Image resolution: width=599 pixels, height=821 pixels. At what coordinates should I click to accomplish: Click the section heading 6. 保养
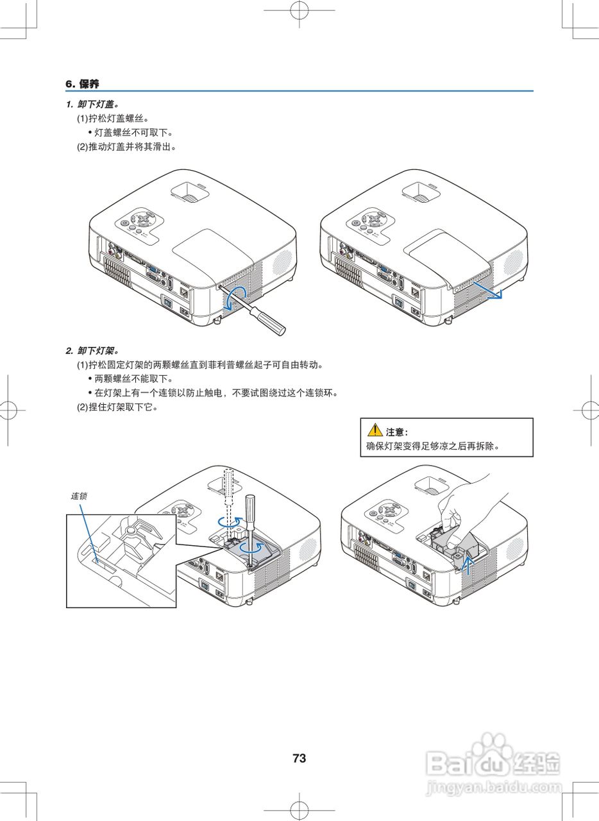[x=83, y=84]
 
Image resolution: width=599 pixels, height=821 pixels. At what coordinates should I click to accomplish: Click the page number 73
[x=299, y=758]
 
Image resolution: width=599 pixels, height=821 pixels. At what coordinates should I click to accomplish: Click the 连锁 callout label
[x=79, y=496]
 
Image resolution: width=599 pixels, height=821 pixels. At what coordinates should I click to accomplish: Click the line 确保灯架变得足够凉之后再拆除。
[x=433, y=446]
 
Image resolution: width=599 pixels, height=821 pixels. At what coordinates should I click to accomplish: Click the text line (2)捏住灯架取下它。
[x=117, y=407]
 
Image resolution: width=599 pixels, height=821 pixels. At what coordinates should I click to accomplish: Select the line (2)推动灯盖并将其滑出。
[x=126, y=146]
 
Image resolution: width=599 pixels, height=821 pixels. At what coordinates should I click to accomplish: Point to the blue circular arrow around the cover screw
[x=239, y=294]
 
